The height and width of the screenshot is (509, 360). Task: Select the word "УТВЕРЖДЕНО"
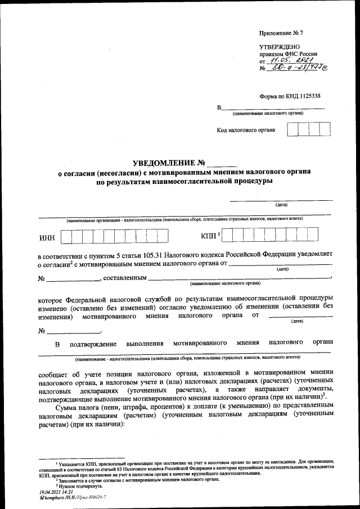(280, 47)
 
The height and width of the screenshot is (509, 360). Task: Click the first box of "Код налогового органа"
(292, 130)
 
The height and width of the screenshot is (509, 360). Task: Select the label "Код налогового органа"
(246, 130)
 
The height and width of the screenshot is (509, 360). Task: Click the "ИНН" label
(47, 237)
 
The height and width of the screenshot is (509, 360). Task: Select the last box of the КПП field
(312, 236)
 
